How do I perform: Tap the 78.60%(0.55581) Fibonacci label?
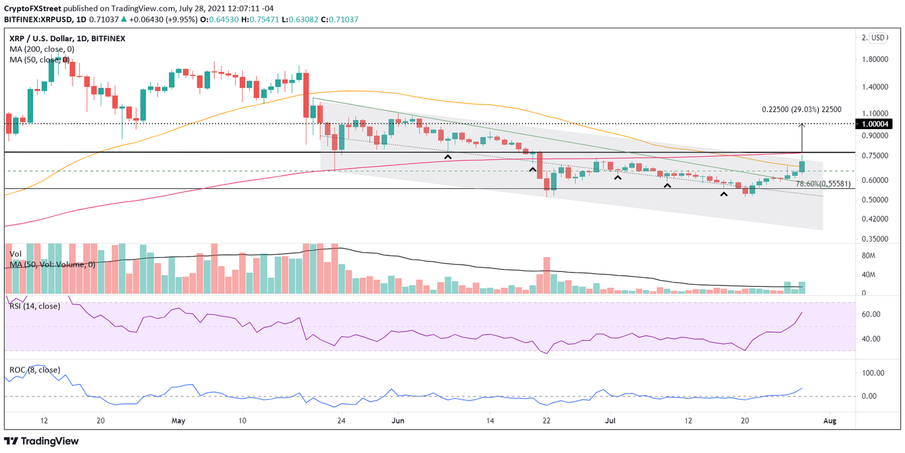point(823,184)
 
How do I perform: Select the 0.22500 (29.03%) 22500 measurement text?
point(801,110)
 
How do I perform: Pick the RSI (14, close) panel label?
point(35,306)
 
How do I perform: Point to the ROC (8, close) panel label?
point(34,370)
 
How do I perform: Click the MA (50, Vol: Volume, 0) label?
point(52,265)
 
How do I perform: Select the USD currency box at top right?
point(878,38)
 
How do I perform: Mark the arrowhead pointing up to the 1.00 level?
point(802,125)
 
